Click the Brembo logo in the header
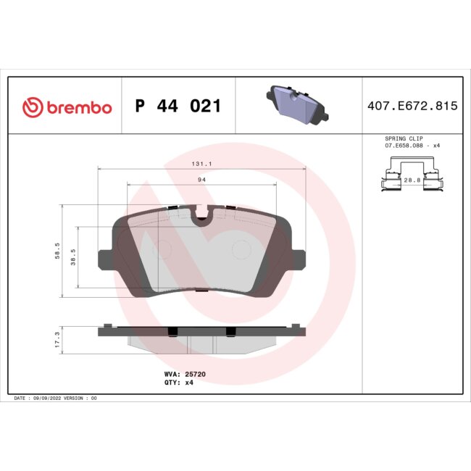pos(67,107)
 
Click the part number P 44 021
pos(178,107)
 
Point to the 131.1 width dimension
pos(201,164)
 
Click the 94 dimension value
pos(201,178)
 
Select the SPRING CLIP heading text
pos(404,138)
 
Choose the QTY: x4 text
pos(179,383)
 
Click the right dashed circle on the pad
pos(241,250)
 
